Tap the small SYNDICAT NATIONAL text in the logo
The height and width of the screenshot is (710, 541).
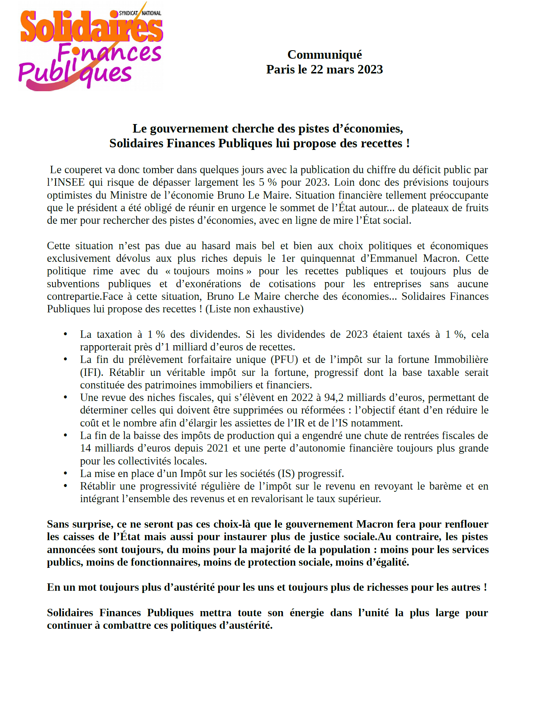[x=140, y=13]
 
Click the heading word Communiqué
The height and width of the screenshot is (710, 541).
[x=325, y=55]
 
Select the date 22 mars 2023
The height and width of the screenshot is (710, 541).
[x=346, y=69]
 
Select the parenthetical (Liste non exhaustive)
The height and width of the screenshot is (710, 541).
[x=254, y=309]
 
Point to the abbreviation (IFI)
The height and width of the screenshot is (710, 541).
[x=92, y=372]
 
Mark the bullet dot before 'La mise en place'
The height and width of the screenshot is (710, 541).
[x=65, y=473]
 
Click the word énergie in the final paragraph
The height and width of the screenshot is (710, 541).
[x=307, y=613]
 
